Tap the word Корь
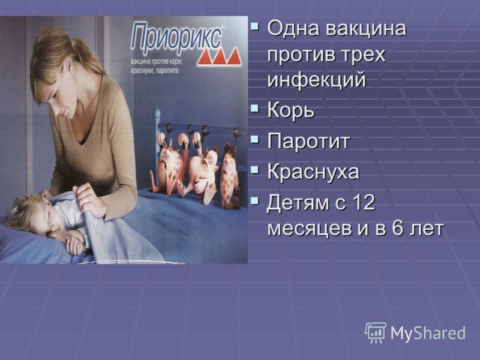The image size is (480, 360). pos(290,110)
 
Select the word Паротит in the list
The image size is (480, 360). pos(308,141)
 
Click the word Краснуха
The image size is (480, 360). pos(313,172)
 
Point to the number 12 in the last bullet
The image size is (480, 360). pos(364,202)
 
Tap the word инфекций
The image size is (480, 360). pos(317,80)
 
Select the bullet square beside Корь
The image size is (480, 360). pos(254,108)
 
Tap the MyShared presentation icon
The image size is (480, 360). pos(375,333)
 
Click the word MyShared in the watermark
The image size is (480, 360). pos(428,333)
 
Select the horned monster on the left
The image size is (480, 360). pos(169,166)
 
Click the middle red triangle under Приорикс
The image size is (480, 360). pos(219,58)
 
